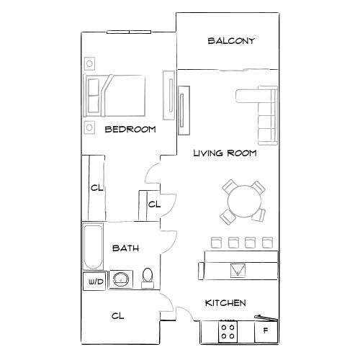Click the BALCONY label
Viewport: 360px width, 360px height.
pos(231,41)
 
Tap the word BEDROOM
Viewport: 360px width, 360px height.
pos(130,130)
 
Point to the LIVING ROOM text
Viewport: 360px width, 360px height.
pos(225,153)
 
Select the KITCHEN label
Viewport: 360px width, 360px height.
pos(226,303)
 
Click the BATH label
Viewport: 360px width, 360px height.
pos(125,248)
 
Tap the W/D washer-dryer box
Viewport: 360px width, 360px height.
pos(95,282)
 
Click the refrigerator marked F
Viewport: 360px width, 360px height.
pos(266,331)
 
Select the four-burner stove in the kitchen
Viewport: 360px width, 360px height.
pos(229,331)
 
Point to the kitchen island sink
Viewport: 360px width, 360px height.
pos(238,270)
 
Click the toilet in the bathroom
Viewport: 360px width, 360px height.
pos(148,278)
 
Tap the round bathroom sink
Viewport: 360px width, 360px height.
pos(120,280)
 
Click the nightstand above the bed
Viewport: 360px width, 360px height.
pos(89,63)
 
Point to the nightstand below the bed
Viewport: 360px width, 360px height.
pos(89,127)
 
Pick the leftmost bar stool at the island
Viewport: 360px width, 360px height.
pos(214,242)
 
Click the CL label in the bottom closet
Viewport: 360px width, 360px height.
pos(119,315)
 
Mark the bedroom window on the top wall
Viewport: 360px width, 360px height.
pos(130,32)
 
